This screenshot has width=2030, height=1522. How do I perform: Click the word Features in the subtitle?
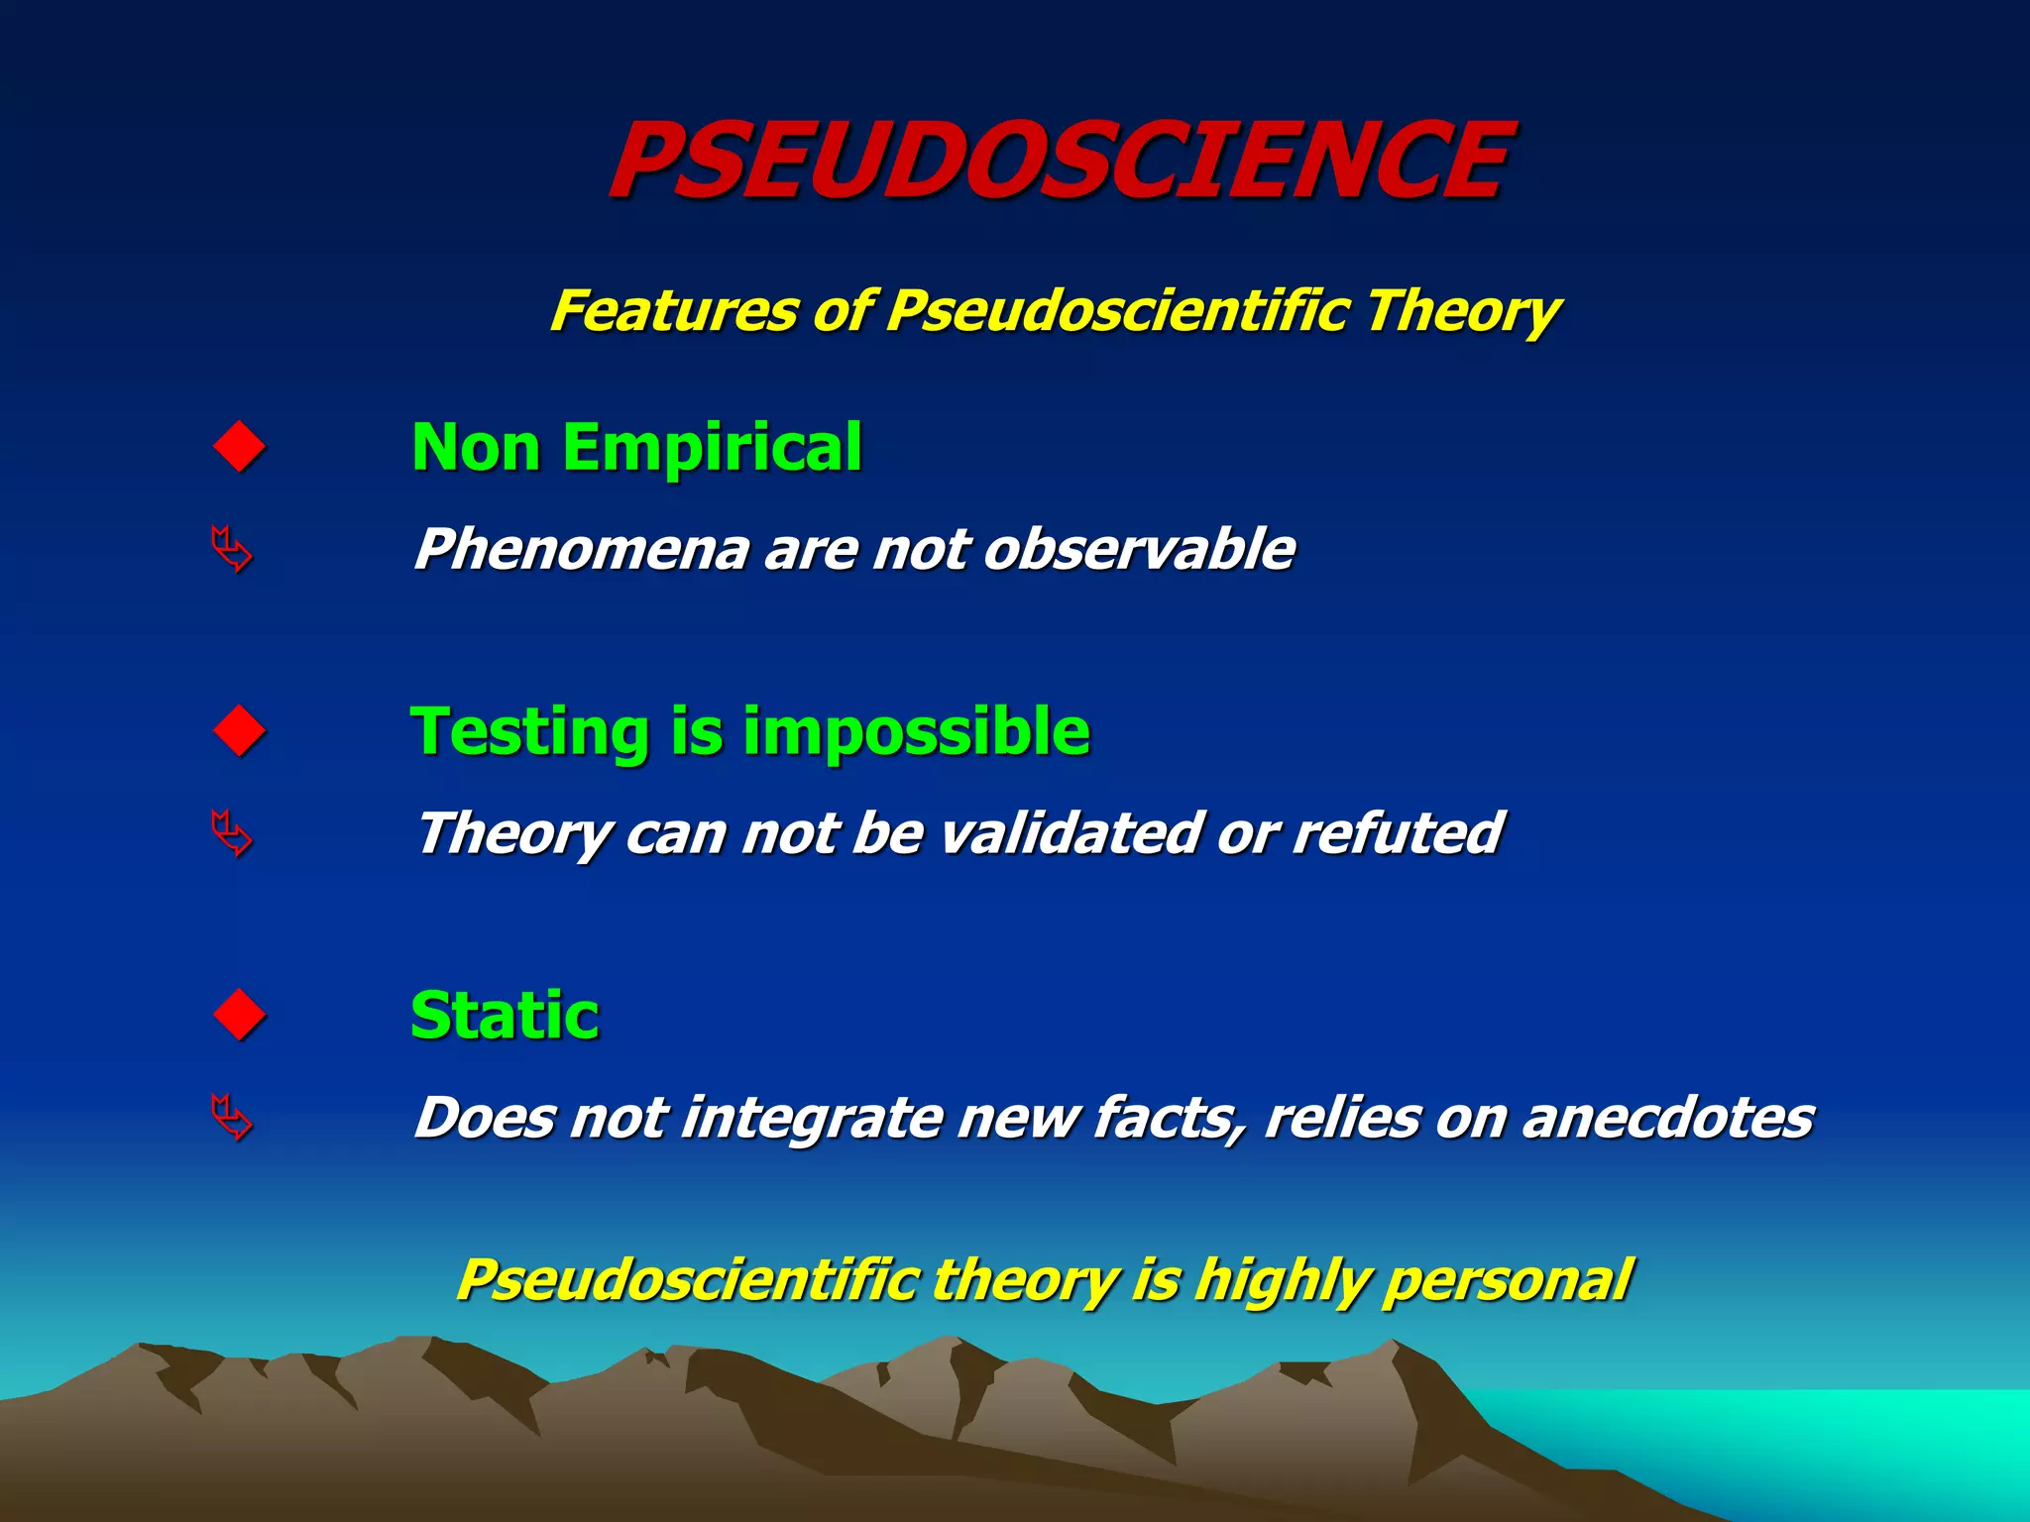coord(674,311)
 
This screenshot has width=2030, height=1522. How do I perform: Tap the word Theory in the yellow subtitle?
coord(1462,311)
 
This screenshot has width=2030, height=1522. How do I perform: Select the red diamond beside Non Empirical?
coord(240,447)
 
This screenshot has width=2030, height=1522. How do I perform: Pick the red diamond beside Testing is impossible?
coord(240,731)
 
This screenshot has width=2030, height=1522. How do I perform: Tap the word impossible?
coord(916,732)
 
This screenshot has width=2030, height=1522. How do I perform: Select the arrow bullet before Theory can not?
coord(232,833)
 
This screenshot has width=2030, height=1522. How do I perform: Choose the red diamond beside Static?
coord(240,1015)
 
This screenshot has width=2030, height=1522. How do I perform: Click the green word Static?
coord(505,1016)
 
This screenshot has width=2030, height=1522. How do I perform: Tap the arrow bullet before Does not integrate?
coord(232,1118)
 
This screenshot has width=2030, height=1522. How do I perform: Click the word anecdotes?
coord(1667,1118)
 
